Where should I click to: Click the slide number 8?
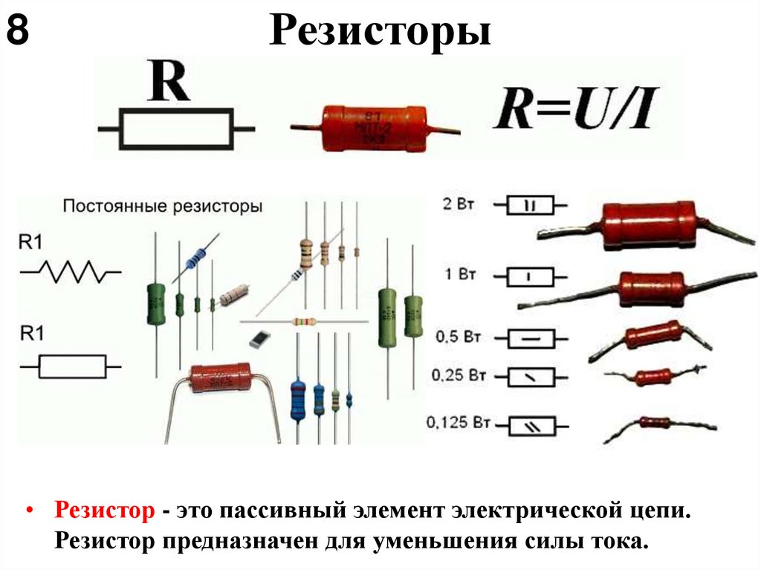[x=18, y=32]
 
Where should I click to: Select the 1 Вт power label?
[x=460, y=275]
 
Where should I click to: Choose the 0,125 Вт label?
[x=459, y=424]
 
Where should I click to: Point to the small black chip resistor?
[x=258, y=339]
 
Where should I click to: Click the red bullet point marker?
[x=30, y=512]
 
